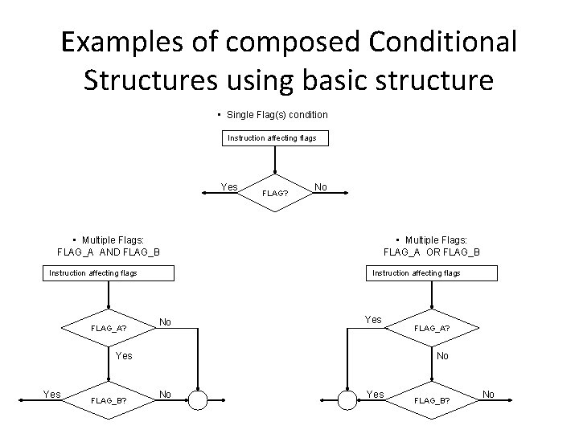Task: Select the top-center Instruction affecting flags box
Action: tap(272, 138)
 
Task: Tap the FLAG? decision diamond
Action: tap(275, 192)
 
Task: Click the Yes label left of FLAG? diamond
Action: tap(229, 187)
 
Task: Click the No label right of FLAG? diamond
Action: tap(321, 187)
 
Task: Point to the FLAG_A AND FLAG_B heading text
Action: tap(109, 252)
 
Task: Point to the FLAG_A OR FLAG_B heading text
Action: tap(432, 252)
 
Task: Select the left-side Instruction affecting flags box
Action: tap(93, 273)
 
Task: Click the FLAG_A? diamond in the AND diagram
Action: tap(109, 328)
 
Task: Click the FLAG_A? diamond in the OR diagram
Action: tap(432, 328)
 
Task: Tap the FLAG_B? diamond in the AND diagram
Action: tap(108, 399)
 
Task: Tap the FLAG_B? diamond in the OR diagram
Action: tap(432, 399)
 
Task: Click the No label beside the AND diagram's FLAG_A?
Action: tap(165, 322)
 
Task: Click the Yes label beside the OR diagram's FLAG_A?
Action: tap(373, 320)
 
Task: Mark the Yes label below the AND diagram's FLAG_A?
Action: tap(124, 355)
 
